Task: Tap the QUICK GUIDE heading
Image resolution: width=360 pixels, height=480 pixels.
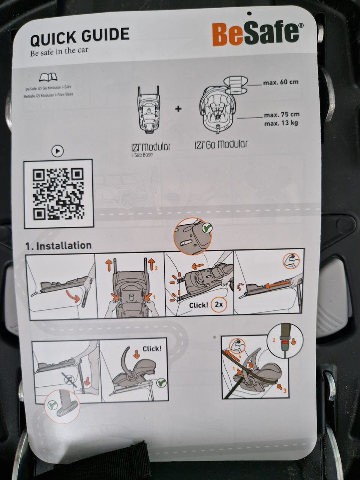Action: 80,37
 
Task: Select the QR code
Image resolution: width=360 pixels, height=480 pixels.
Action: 58,194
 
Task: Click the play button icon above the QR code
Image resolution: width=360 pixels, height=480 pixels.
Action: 58,151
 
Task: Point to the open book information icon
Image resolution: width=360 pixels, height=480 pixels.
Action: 48,77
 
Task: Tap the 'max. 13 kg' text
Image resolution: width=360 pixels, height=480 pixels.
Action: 281,123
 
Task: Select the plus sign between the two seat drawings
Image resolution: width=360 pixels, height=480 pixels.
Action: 178,109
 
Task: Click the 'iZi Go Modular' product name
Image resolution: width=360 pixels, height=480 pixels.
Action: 221,145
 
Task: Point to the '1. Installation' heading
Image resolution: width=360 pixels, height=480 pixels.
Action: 58,246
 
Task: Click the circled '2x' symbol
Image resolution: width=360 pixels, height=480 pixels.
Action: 219,304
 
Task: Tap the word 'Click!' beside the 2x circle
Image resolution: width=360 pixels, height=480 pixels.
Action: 199,305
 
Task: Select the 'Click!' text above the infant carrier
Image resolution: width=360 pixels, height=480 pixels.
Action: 152,349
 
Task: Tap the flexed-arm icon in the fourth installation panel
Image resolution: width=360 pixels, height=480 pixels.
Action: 291,261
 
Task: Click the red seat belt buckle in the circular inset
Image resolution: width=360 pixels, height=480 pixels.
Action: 284,342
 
